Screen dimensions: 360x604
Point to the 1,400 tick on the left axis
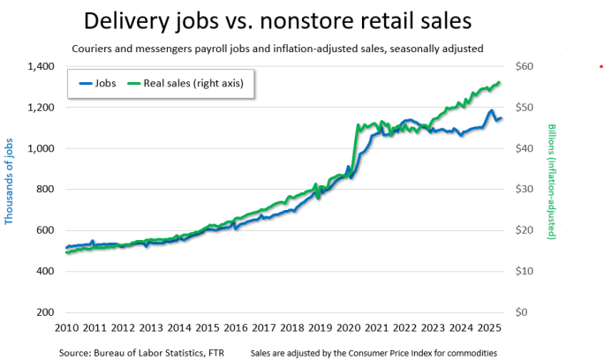[x=41, y=66]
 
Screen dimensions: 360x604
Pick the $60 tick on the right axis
[x=527, y=66]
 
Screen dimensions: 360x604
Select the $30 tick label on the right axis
[x=527, y=189]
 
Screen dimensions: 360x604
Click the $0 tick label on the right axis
[x=525, y=312]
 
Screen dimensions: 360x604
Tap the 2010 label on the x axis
[x=67, y=327]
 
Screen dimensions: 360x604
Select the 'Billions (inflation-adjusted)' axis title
[x=552, y=182]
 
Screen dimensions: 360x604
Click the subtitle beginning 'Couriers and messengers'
[x=277, y=49]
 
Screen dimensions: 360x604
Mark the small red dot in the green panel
[x=600, y=66]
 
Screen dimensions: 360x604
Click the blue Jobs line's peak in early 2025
[x=490, y=111]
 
